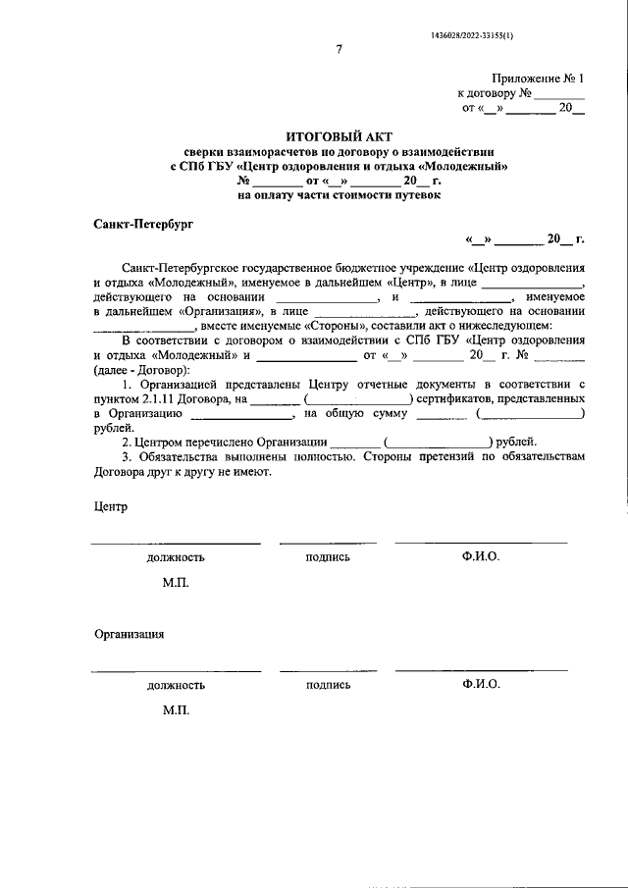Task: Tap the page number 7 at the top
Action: click(339, 52)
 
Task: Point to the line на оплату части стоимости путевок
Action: click(339, 195)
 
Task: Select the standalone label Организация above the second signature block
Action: click(129, 634)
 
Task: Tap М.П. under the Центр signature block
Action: click(176, 582)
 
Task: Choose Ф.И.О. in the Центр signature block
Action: click(481, 556)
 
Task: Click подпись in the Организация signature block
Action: click(328, 685)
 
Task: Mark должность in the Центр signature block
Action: click(176, 557)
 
